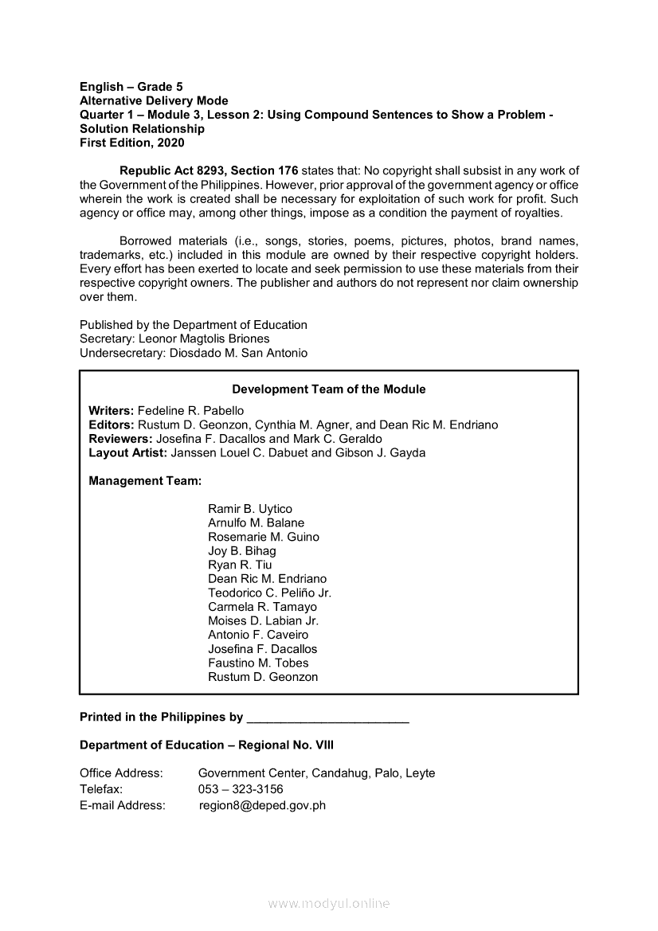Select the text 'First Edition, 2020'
[x=132, y=143]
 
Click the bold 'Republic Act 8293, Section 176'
[x=209, y=170]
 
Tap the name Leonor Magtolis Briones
[x=204, y=338]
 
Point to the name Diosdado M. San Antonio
[x=238, y=353]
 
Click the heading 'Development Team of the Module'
[x=328, y=389]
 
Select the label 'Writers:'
[x=112, y=411]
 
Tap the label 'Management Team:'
[x=145, y=481]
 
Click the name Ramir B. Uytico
[x=250, y=509]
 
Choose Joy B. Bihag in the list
[x=242, y=551]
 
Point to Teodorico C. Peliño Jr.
[x=269, y=593]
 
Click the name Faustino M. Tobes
[x=258, y=663]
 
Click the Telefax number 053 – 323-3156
[x=241, y=789]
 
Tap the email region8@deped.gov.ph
[x=263, y=805]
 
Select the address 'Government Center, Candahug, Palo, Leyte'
[x=316, y=773]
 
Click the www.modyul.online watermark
[x=329, y=904]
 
